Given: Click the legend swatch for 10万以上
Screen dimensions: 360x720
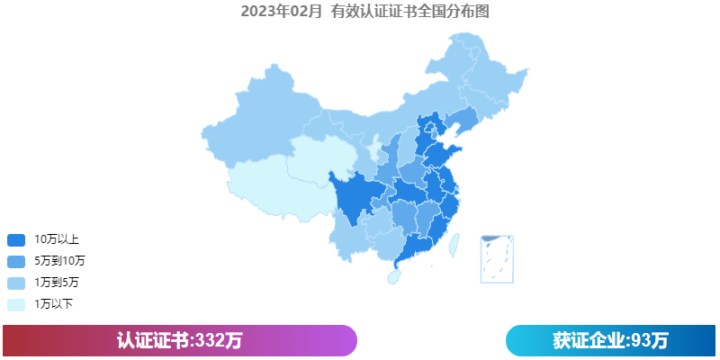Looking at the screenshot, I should coord(16,239).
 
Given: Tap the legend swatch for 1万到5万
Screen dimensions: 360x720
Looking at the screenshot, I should coord(16,283).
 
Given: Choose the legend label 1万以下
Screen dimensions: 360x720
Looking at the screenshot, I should coord(54,304).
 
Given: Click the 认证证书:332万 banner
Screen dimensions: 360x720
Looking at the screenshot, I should coord(180,340).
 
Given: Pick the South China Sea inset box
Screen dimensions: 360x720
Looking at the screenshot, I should coord(497,258).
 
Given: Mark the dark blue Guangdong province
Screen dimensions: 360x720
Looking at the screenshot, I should coord(414,247).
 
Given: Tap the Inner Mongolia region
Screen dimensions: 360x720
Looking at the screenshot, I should coord(396,112).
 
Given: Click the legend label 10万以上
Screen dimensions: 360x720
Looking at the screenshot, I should coord(57,239).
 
